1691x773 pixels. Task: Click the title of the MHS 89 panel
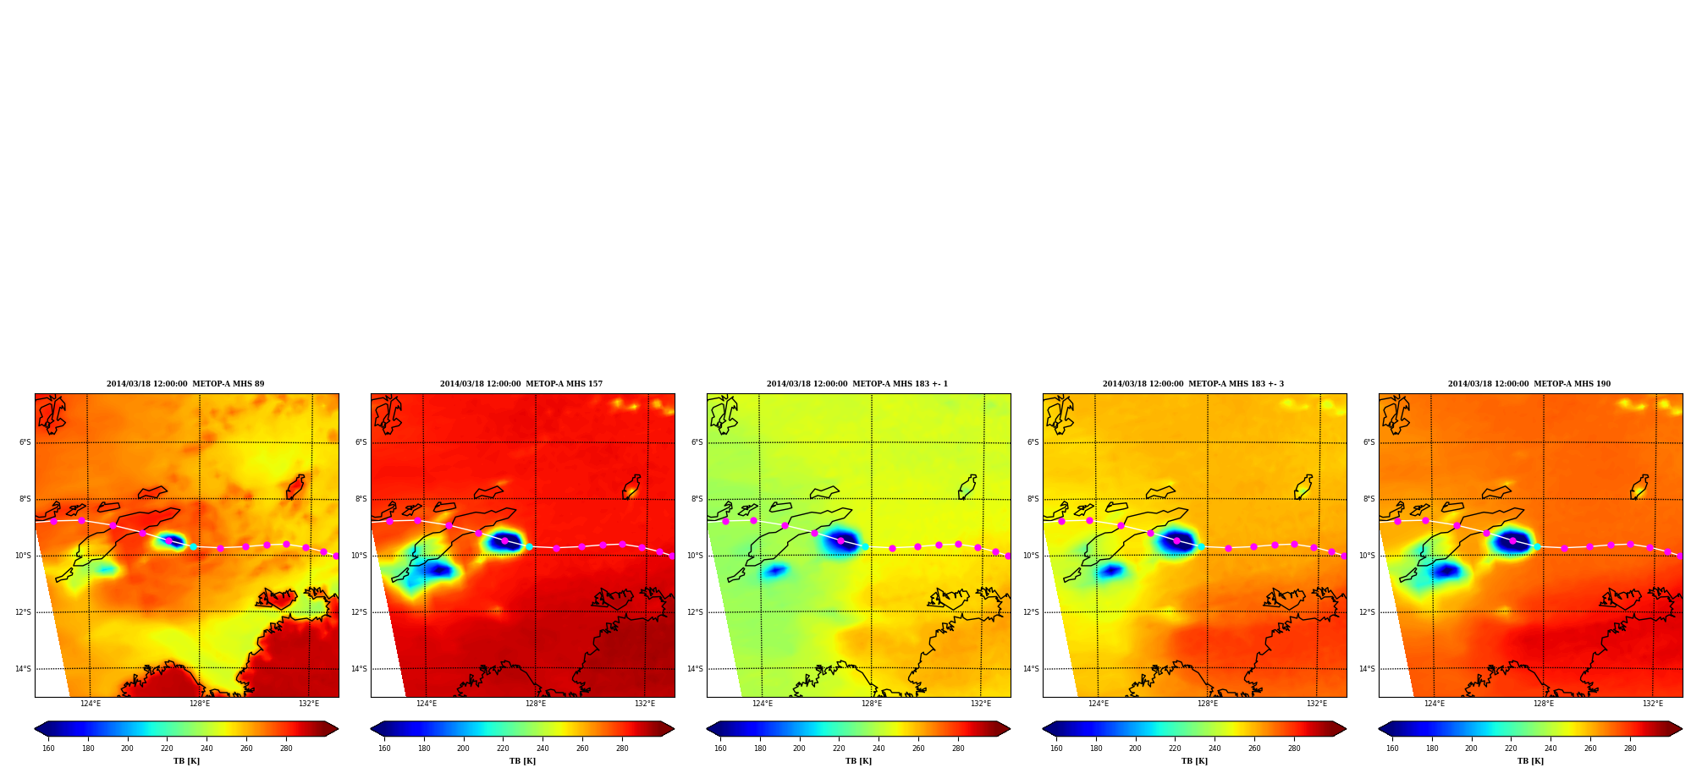click(185, 384)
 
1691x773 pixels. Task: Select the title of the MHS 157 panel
click(521, 384)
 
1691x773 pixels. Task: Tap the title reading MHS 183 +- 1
click(857, 384)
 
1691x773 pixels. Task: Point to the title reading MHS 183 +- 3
click(1193, 384)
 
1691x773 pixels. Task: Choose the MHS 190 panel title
click(1529, 384)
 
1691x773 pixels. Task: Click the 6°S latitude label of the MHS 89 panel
click(25, 442)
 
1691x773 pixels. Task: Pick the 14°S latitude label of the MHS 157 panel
click(360, 669)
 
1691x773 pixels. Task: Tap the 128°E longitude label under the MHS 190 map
click(1544, 704)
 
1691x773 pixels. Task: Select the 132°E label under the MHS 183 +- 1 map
click(981, 704)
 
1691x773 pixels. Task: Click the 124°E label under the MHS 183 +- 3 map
click(1099, 704)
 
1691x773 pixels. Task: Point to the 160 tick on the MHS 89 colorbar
click(48, 748)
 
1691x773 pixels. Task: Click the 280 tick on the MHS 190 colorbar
click(1630, 748)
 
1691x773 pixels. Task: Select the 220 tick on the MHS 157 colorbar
click(503, 748)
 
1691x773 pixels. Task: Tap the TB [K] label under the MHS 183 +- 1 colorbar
click(858, 761)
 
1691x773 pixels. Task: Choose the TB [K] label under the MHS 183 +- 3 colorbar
click(1194, 761)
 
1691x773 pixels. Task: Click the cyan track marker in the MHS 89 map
click(193, 546)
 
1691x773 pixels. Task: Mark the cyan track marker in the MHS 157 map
click(529, 546)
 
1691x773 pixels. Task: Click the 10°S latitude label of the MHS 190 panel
click(1368, 556)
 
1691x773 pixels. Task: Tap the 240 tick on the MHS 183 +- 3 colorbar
click(1215, 748)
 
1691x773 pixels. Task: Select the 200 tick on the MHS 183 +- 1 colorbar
click(799, 748)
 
